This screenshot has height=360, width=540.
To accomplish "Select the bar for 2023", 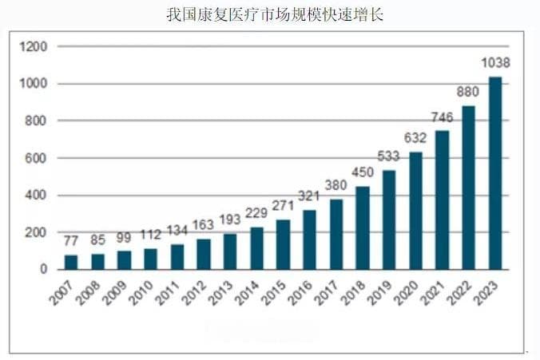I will [495, 173].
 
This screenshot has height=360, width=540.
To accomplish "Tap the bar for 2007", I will [71, 262].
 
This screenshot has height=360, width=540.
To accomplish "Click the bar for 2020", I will [416, 211].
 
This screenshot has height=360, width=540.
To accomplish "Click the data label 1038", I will [495, 63].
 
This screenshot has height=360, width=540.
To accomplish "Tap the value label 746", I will [442, 117].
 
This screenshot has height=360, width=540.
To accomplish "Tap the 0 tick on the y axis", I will [45, 270].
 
